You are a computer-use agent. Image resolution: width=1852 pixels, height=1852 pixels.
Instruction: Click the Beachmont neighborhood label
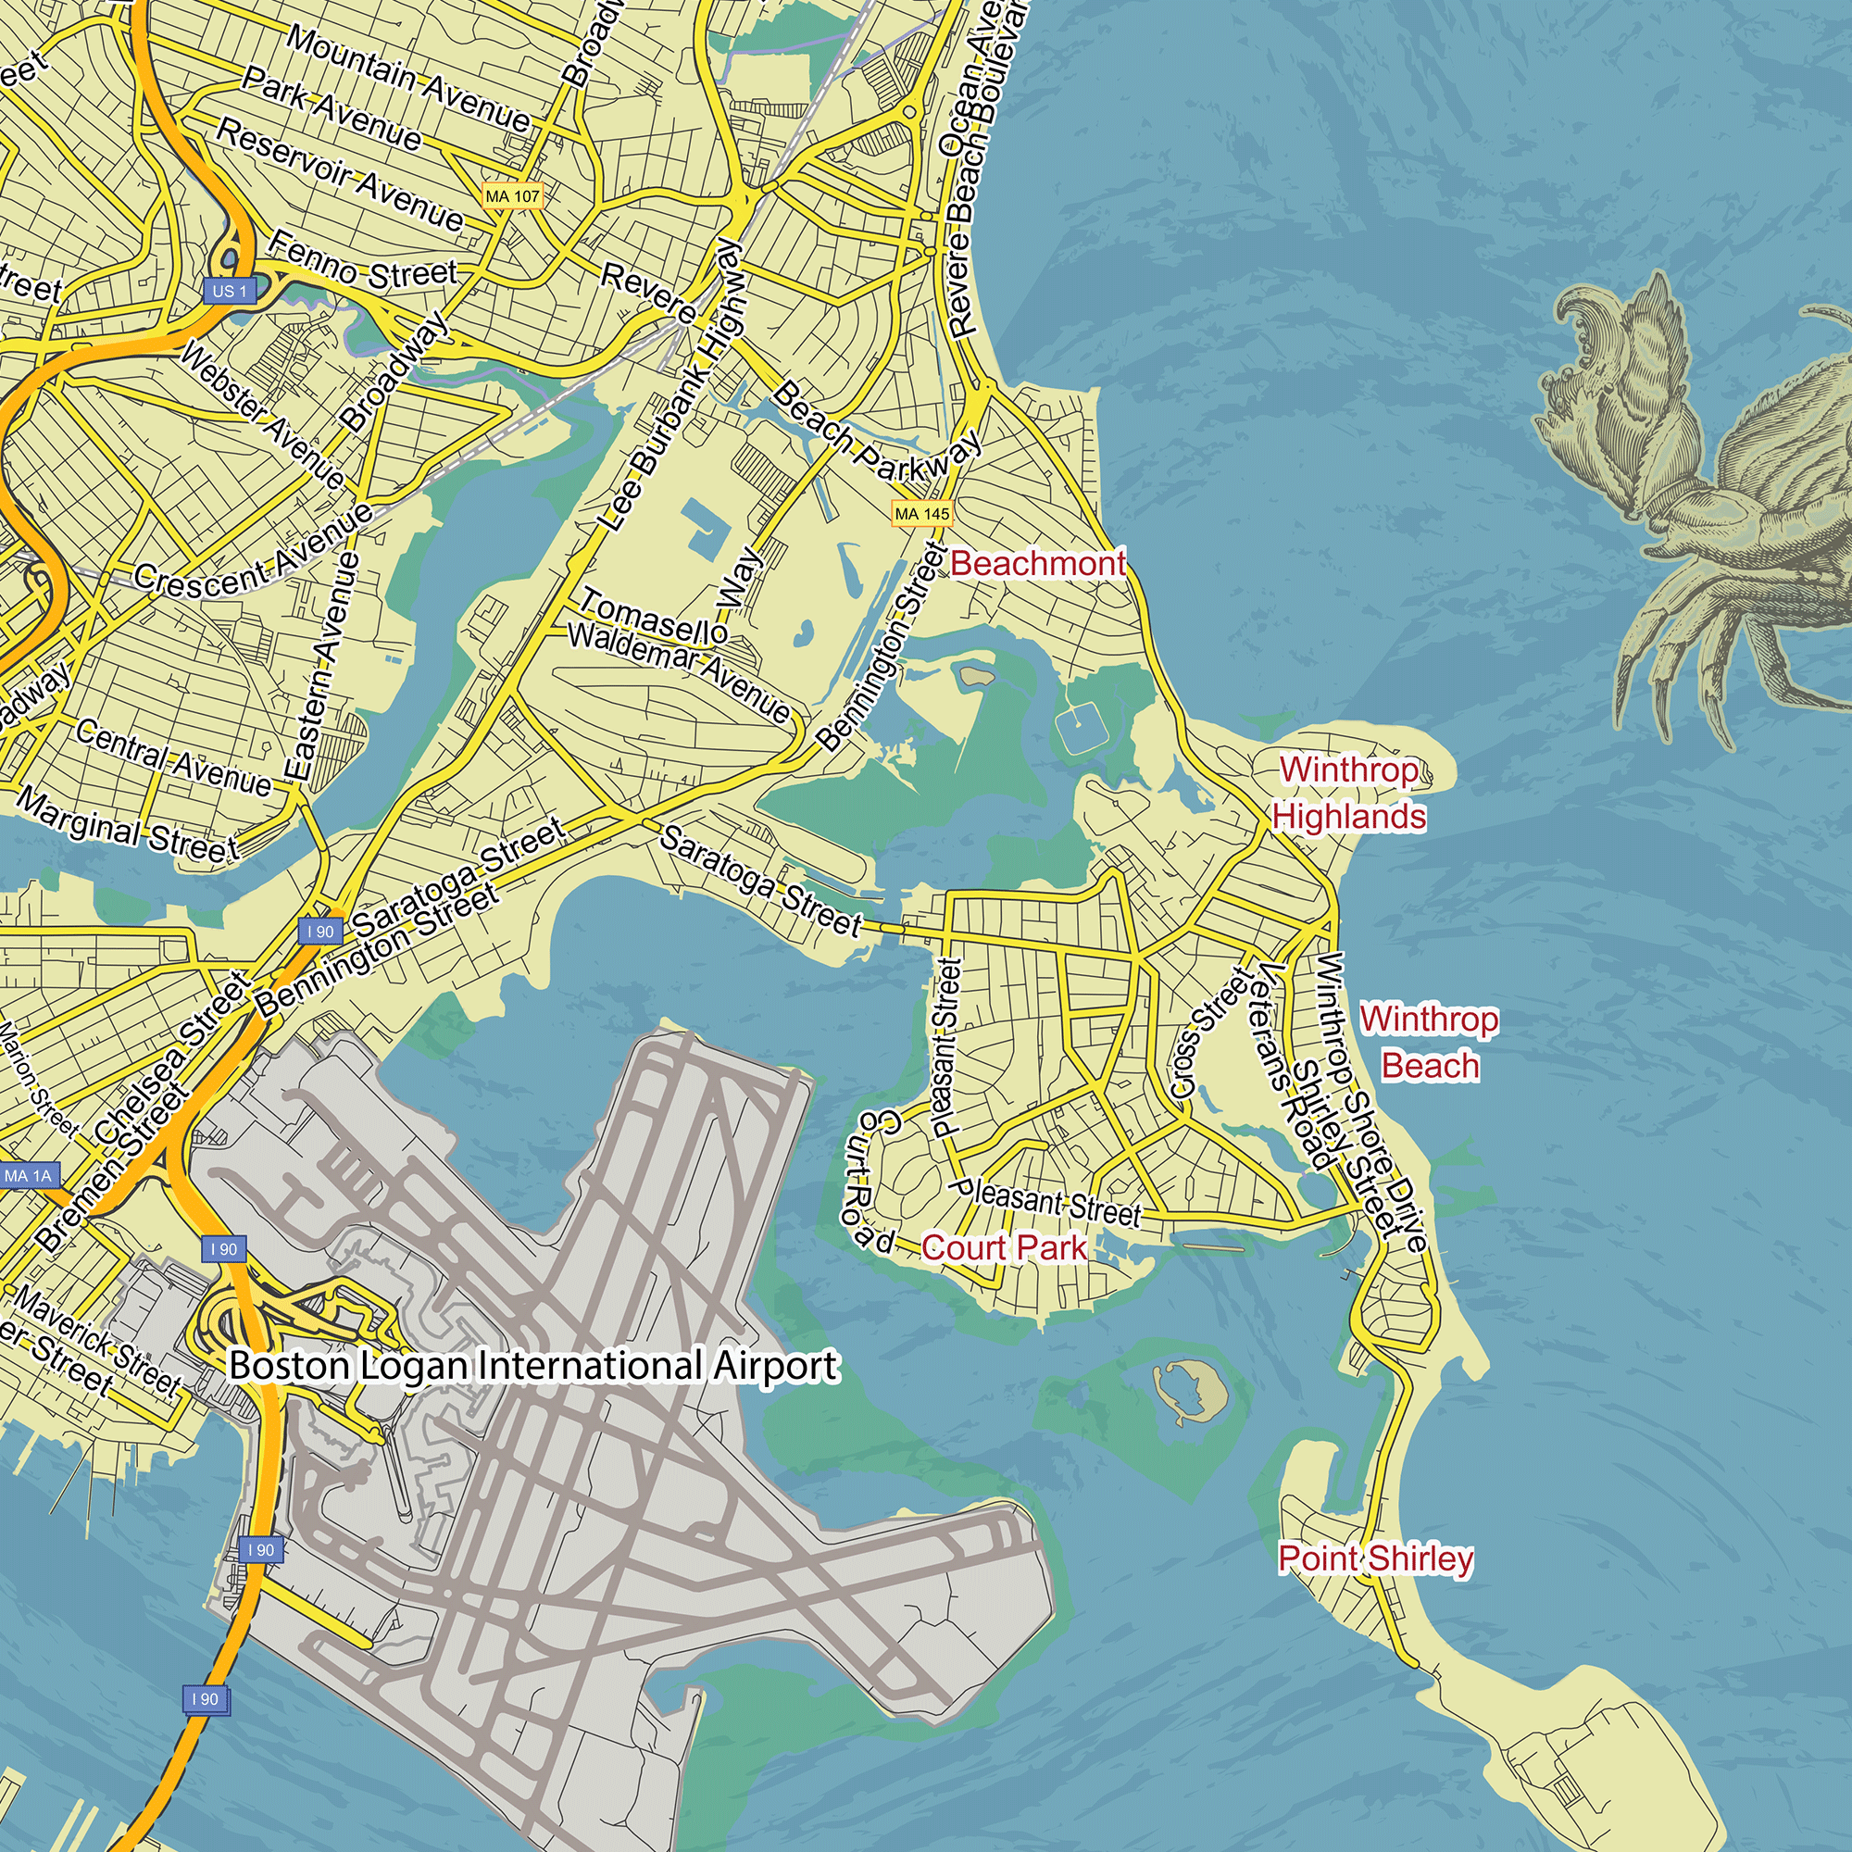[x=1037, y=564]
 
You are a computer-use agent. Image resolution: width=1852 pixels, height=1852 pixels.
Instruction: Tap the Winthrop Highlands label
[x=1349, y=793]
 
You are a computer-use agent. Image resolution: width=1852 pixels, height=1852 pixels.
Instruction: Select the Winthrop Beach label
[x=1428, y=1042]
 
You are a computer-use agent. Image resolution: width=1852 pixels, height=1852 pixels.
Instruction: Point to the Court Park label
[x=1004, y=1247]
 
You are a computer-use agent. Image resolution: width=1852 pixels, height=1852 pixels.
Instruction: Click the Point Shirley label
[x=1374, y=1558]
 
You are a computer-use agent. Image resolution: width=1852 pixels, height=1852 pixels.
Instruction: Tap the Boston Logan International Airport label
[x=534, y=1365]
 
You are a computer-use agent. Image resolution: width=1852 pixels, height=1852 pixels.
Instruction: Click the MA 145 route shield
[x=921, y=514]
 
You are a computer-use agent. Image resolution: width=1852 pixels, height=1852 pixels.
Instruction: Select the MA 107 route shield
[x=513, y=196]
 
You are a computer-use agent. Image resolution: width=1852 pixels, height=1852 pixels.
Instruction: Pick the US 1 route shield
[x=229, y=291]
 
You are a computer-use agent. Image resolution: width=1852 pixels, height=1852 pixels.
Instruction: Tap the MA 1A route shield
[x=29, y=1175]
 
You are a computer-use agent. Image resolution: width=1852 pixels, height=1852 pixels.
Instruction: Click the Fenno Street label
[x=362, y=263]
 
